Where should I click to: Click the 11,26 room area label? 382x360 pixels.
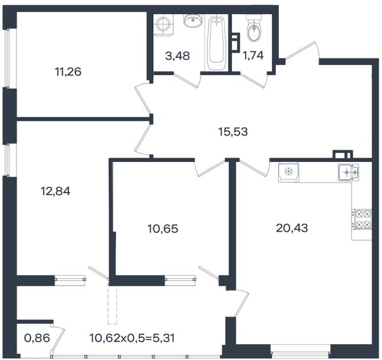(68, 72)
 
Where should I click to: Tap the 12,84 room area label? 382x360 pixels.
(55, 191)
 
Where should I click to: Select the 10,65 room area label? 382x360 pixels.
(163, 229)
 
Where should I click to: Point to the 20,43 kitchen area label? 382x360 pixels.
(292, 228)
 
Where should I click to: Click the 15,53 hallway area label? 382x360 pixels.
(233, 132)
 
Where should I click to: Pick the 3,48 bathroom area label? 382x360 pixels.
(178, 56)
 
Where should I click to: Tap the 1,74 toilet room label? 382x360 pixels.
(253, 55)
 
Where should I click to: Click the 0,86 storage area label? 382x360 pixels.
(38, 338)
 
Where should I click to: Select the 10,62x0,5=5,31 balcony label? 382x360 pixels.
(132, 338)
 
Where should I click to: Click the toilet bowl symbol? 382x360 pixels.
(254, 27)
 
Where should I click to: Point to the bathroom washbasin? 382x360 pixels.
(193, 21)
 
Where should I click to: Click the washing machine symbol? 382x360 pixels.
(164, 25)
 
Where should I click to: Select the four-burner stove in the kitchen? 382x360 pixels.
(362, 219)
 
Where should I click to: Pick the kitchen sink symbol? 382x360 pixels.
(348, 172)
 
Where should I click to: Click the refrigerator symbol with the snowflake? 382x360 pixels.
(288, 172)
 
